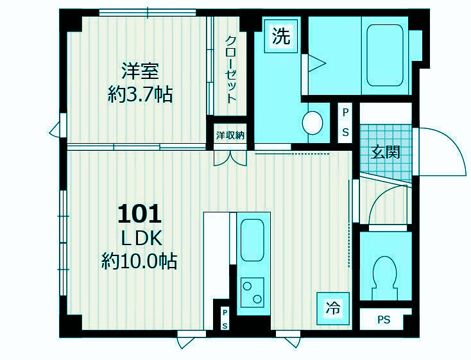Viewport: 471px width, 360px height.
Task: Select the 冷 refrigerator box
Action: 332,307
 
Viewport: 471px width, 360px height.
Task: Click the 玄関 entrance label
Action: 386,152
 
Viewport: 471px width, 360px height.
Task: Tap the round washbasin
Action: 313,121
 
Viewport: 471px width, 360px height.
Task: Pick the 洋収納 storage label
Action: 230,135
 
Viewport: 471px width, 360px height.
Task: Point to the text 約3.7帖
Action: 140,95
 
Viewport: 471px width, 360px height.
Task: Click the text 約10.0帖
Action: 139,261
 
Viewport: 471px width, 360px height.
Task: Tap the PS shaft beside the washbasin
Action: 345,123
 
